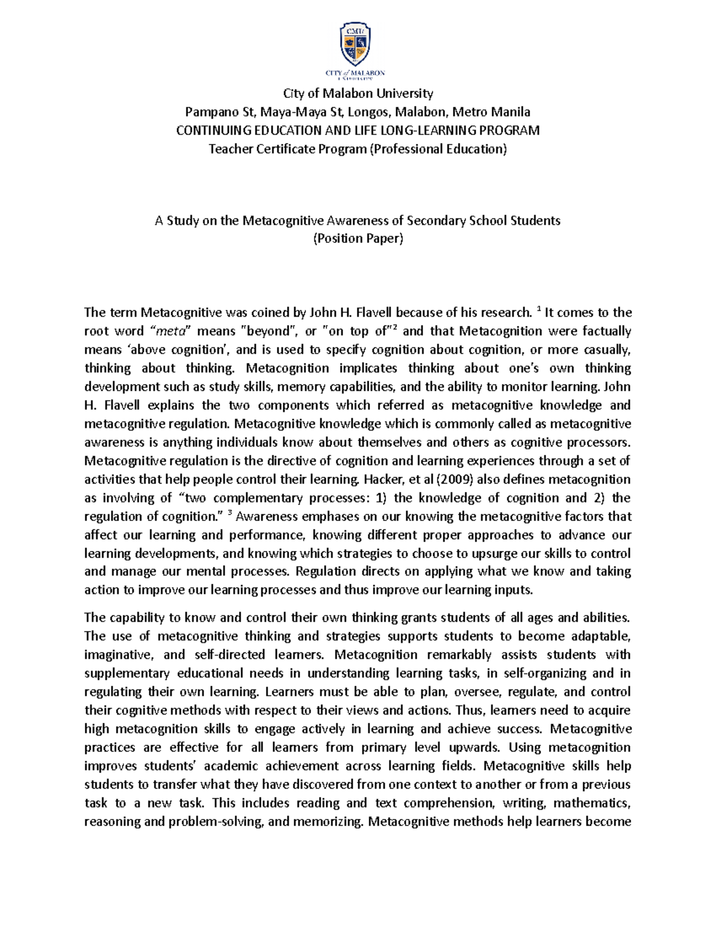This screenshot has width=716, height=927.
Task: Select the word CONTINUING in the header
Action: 209,130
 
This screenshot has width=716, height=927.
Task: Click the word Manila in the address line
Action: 512,112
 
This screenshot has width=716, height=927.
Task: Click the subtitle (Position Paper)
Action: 358,239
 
